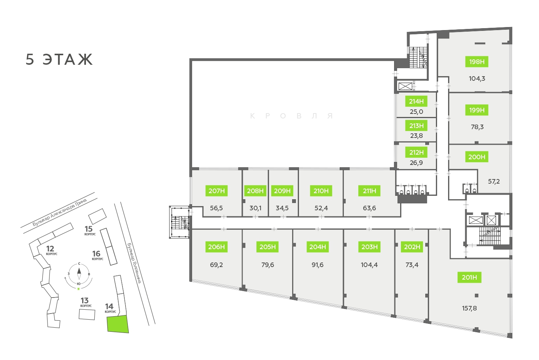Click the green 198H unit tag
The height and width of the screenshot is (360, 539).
point(477,62)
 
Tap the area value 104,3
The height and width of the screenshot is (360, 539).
point(477,78)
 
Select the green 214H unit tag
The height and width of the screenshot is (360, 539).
point(416,101)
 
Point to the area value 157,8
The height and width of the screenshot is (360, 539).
point(469,308)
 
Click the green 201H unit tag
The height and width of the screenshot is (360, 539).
point(469,277)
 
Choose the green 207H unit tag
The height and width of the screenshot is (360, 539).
point(216,191)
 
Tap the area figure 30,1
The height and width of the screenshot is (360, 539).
point(255,208)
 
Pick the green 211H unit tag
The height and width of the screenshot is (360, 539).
point(369,191)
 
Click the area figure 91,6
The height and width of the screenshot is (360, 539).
point(318,265)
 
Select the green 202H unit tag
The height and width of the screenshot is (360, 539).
point(412,247)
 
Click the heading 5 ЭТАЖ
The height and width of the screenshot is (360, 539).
point(59,59)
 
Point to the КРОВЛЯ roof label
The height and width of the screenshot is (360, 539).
point(291,116)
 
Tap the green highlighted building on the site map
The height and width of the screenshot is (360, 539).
point(118,324)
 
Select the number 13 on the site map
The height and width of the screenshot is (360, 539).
point(84,301)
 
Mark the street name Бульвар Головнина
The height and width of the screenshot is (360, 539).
point(134,263)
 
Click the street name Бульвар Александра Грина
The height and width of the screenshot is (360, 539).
point(60,212)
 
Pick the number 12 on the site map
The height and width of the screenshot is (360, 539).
point(50,249)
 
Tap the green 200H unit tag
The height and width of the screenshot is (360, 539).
point(477,157)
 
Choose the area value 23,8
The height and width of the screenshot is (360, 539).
point(416,136)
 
